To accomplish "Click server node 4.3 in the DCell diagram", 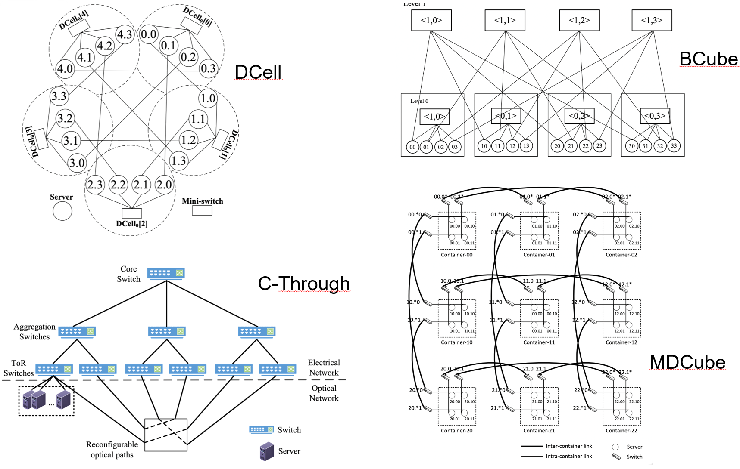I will click(x=125, y=34).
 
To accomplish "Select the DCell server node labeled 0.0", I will click(x=149, y=34).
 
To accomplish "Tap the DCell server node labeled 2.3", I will click(x=95, y=185).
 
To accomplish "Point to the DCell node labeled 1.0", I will click(x=208, y=98).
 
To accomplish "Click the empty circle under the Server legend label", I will click(x=62, y=211).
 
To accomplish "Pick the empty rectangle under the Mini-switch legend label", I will click(x=202, y=210).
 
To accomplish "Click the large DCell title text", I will click(x=258, y=72).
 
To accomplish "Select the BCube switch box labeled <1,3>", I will click(x=652, y=20).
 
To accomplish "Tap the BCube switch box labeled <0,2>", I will click(x=579, y=116).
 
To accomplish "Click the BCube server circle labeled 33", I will click(x=674, y=146).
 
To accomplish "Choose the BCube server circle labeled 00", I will click(x=412, y=147).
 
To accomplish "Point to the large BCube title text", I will click(x=709, y=59).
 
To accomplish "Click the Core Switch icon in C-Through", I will click(x=166, y=273).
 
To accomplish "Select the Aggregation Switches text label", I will click(x=34, y=332).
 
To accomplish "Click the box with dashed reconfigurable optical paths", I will click(x=166, y=435).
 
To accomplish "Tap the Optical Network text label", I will click(x=324, y=393).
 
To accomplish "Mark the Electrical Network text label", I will click(x=324, y=367).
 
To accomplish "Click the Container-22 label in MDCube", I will click(x=621, y=430).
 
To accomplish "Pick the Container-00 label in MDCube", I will click(x=456, y=255).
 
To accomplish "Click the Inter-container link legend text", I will click(x=569, y=446).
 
